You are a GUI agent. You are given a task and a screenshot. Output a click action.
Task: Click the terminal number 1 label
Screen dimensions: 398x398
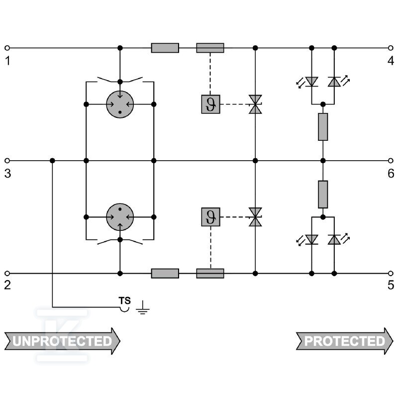click(x=7, y=61)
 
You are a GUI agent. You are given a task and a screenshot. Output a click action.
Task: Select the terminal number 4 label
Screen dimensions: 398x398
click(x=391, y=61)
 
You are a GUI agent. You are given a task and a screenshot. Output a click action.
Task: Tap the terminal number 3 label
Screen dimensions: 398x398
click(x=7, y=174)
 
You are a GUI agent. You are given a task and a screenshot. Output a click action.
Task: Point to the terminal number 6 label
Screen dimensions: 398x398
click(x=391, y=174)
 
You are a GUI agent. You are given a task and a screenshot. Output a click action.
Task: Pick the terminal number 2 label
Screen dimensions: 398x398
click(x=7, y=285)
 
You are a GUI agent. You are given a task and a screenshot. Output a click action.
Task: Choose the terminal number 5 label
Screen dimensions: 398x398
click(x=391, y=285)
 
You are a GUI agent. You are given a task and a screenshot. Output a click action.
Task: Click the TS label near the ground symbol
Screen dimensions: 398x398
click(x=125, y=301)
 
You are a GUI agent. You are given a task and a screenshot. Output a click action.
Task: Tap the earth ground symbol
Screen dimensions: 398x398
click(x=143, y=307)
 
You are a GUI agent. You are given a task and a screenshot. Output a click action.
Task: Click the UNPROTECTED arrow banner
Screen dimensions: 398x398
click(x=62, y=341)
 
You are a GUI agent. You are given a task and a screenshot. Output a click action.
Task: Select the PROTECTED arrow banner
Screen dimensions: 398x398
click(x=345, y=341)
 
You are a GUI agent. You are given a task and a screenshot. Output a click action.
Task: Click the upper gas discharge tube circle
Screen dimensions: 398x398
click(x=120, y=104)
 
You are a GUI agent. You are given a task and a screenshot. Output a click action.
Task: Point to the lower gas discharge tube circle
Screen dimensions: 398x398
click(x=120, y=217)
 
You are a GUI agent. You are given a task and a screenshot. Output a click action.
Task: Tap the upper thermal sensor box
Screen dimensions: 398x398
click(x=210, y=104)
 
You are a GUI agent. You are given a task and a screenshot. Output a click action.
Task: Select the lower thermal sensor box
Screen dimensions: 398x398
click(x=210, y=217)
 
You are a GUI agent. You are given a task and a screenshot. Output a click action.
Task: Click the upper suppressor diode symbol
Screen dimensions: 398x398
click(x=255, y=104)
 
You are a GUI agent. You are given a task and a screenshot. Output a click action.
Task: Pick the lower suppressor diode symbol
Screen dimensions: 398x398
click(x=255, y=217)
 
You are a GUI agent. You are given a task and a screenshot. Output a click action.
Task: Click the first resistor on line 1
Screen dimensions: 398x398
click(x=165, y=48)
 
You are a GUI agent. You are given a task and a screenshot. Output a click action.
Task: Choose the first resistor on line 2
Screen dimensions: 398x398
click(x=165, y=273)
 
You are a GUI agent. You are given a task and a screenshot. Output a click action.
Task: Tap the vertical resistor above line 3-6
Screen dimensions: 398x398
click(x=323, y=127)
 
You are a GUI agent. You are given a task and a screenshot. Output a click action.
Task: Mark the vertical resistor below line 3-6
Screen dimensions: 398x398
click(x=323, y=195)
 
